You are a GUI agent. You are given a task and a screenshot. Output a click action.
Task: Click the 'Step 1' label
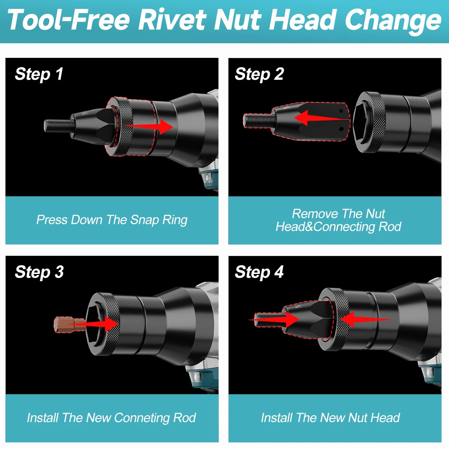[39, 74]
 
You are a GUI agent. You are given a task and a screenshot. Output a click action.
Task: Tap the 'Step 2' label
[259, 74]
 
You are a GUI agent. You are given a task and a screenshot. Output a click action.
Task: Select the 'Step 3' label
[39, 272]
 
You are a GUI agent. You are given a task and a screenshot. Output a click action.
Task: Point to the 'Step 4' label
[259, 272]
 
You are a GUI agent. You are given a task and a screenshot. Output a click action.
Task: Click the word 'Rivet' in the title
[172, 20]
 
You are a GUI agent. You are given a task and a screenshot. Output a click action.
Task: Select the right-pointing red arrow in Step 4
[273, 319]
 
